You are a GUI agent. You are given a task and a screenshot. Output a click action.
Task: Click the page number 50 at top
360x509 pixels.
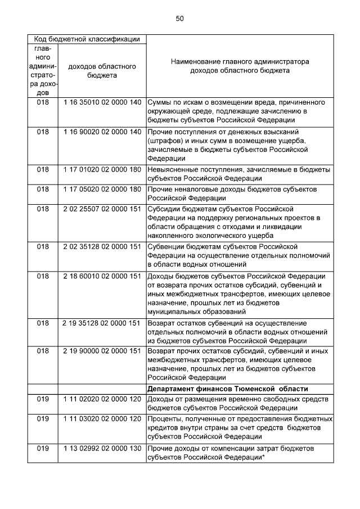click(179, 19)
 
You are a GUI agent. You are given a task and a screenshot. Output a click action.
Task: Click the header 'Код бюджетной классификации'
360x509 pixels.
click(87, 39)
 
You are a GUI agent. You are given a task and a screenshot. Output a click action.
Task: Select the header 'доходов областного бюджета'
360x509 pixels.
click(102, 70)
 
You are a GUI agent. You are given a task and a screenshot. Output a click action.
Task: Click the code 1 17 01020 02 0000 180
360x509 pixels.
click(102, 169)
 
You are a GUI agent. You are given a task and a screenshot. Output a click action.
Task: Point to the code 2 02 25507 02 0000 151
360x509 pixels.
click(102, 209)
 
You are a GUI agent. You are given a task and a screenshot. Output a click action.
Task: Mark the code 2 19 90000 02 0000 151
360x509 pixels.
click(102, 351)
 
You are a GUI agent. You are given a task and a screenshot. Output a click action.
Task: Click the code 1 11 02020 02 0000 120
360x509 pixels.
click(102, 398)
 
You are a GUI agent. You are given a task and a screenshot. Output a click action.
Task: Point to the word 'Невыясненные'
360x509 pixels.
click(173, 169)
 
